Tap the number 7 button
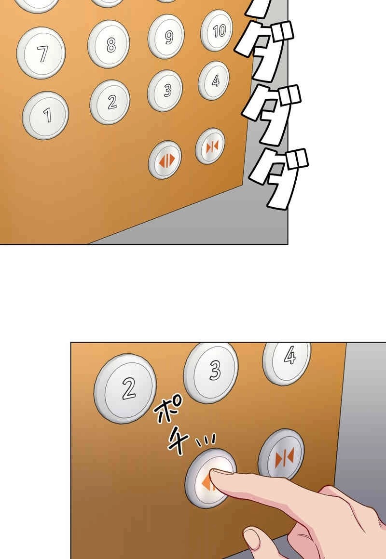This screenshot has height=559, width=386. click(x=41, y=53)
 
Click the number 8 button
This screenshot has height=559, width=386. click(x=109, y=44)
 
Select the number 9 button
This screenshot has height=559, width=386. click(x=166, y=36)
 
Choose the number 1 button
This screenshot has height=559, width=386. click(x=46, y=115)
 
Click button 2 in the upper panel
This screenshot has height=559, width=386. click(x=110, y=102)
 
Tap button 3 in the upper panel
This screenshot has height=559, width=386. click(x=165, y=91)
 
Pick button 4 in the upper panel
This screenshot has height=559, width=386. click(x=214, y=80)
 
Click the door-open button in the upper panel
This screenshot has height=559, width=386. click(x=165, y=160)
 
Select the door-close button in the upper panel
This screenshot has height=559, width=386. click(x=210, y=146)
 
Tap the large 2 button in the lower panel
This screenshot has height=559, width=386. click(x=125, y=388)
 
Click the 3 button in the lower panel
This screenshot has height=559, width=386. click(x=211, y=372)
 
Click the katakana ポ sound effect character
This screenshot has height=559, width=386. click(x=169, y=411)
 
